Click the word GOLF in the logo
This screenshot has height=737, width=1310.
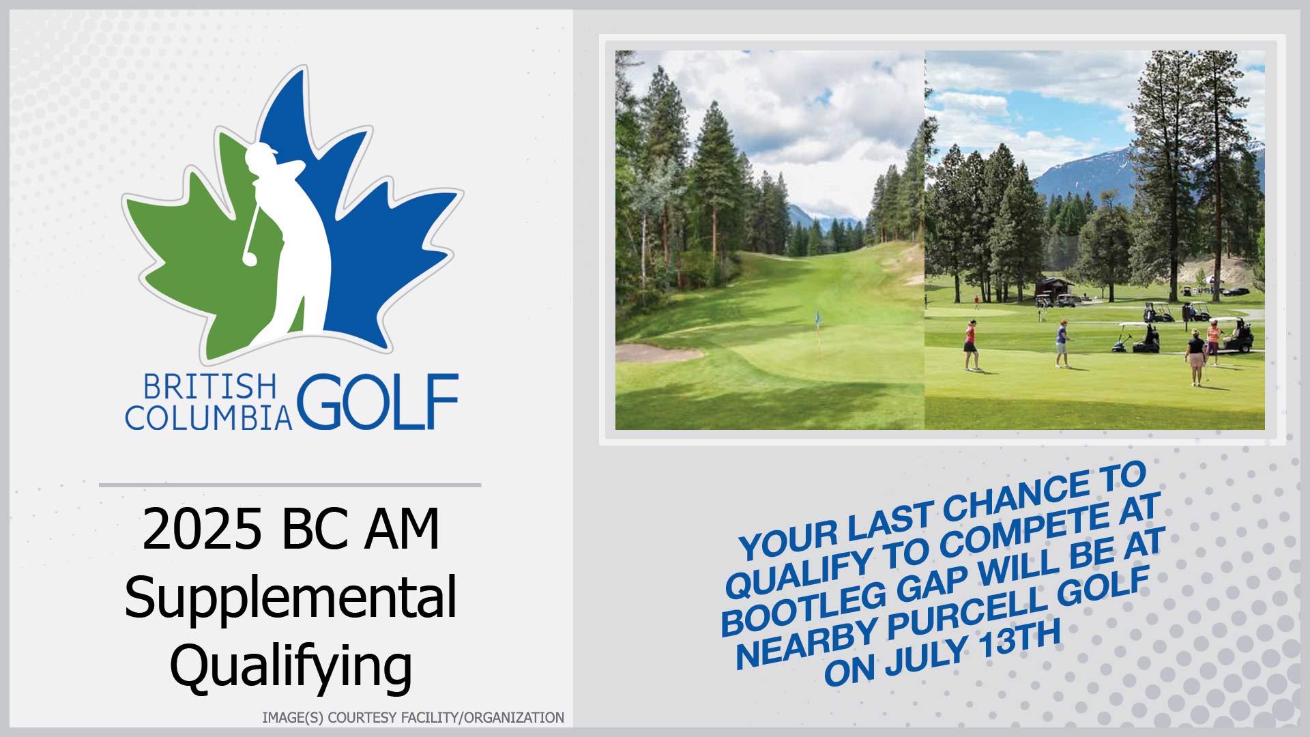coord(377,401)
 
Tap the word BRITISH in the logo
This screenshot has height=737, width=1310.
coord(209,387)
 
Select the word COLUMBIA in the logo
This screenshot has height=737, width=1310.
coord(208,418)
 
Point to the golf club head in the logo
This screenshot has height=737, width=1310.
coord(249,259)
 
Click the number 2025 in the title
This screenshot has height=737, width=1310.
coord(202,529)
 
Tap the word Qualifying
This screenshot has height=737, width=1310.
coord(291,666)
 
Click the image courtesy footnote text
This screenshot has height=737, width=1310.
coord(413,717)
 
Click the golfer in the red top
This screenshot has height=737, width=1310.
coord(970,345)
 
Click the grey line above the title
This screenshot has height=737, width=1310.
coord(290,485)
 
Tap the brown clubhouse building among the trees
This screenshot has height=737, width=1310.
coord(1054,289)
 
